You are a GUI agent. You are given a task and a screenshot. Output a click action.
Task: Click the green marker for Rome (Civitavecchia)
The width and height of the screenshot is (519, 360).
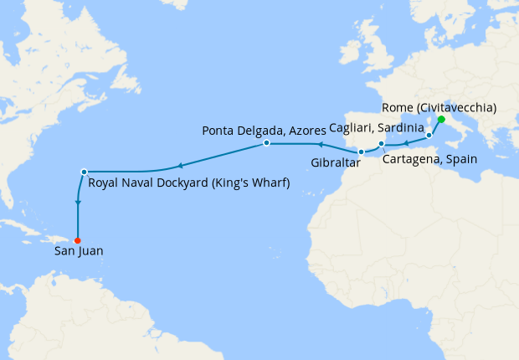tap(441, 120)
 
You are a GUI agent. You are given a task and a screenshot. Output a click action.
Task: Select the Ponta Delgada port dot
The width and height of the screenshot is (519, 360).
tap(266, 143)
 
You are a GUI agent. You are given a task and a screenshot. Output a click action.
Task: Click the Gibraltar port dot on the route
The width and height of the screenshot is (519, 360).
tap(361, 152)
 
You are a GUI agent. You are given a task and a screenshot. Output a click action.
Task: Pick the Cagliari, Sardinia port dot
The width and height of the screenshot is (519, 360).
tap(429, 135)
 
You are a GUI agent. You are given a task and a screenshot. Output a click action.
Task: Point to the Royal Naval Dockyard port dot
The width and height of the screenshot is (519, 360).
tap(84, 172)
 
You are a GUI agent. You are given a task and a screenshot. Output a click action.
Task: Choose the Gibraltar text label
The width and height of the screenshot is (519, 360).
tap(335, 164)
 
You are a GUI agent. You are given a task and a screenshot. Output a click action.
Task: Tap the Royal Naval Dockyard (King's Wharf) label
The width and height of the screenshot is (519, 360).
tap(188, 183)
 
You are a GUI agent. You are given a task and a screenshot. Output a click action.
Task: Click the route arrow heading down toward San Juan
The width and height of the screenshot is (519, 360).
tap(78, 203)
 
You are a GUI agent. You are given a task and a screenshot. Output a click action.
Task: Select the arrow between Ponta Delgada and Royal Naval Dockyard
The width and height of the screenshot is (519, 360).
tap(178, 164)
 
